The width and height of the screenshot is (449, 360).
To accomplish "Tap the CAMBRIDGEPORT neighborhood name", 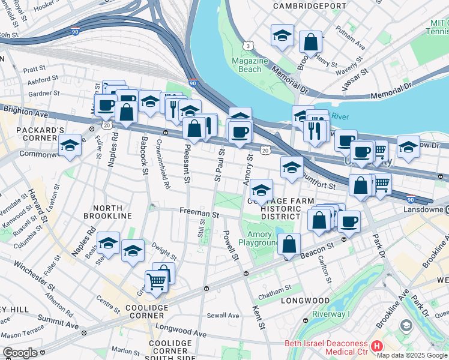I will coord(302,5).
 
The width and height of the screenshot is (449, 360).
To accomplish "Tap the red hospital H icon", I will coord(377,346).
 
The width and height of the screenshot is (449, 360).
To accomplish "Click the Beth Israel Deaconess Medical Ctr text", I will coord(326,347).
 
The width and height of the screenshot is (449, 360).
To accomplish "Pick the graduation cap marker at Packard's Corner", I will coord(70,145).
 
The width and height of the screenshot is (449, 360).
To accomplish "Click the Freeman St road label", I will coord(198,212).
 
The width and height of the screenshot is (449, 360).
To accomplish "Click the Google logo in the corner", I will coord(20,352).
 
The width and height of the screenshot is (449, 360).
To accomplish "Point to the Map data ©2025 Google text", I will coord(412,355).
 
